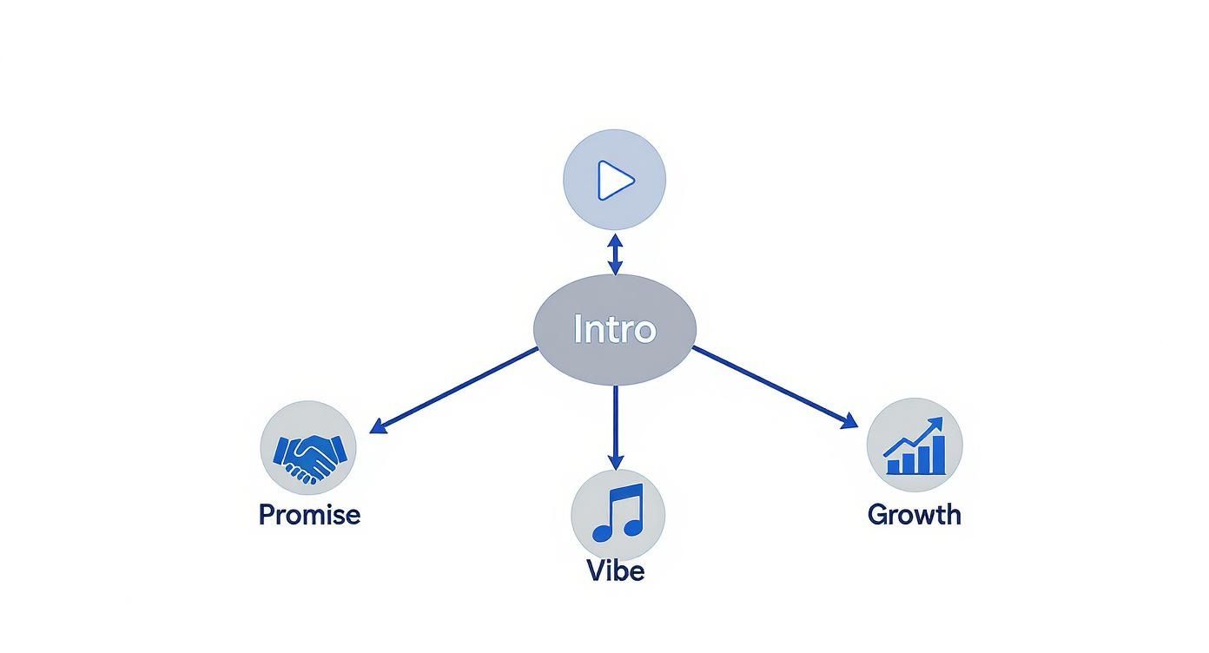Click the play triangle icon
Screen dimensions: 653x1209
(616, 181)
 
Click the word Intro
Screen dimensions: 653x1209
(614, 330)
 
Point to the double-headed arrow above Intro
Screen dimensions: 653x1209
(615, 254)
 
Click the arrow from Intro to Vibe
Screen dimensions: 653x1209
(615, 425)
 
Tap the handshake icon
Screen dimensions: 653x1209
(308, 457)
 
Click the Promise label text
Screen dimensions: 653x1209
(309, 514)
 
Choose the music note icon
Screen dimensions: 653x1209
(618, 512)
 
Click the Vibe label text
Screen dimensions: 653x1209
(615, 571)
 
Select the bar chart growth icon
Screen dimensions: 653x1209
(915, 446)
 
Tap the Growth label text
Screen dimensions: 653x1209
(914, 514)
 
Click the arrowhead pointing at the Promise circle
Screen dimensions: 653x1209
(376, 425)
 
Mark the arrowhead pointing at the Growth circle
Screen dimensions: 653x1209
(849, 421)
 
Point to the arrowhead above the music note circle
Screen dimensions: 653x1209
(615, 462)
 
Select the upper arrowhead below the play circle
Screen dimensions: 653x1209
(615, 239)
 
